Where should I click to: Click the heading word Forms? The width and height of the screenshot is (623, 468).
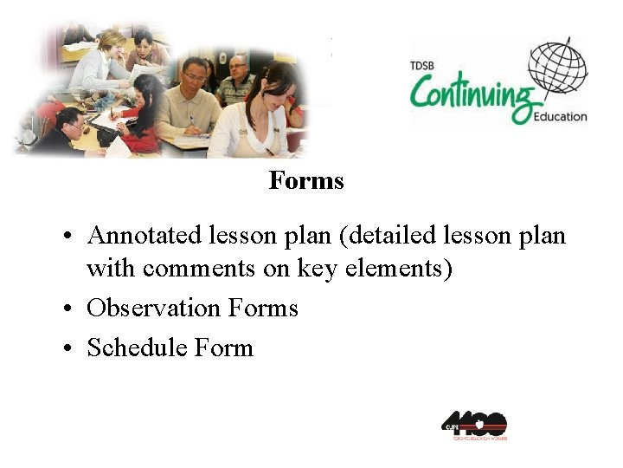click(306, 181)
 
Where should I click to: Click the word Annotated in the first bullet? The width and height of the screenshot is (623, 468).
click(144, 235)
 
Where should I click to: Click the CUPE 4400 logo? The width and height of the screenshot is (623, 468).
click(473, 425)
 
